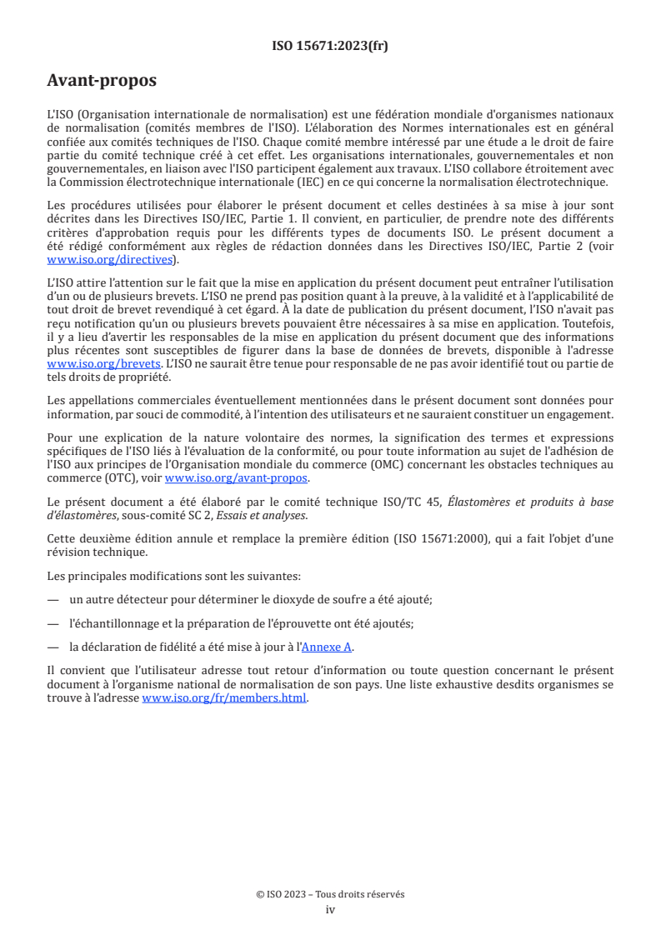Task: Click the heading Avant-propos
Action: [102, 82]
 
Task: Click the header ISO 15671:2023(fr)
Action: [330, 46]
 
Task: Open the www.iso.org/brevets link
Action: [103, 364]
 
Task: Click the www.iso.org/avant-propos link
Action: [237, 477]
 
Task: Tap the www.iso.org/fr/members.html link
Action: [224, 698]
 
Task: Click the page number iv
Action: [330, 909]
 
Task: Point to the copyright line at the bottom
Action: [330, 894]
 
